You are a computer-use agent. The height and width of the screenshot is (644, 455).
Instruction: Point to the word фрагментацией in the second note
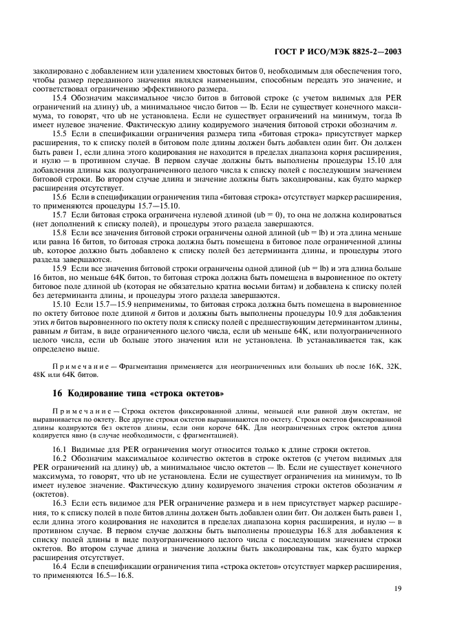[x=207, y=436]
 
